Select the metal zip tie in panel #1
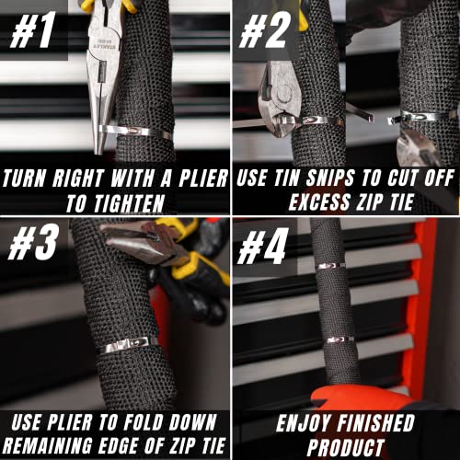[x=138, y=132]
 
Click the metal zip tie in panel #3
[x=130, y=345]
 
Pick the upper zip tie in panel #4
[x=331, y=266]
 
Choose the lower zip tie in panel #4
[x=339, y=339]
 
